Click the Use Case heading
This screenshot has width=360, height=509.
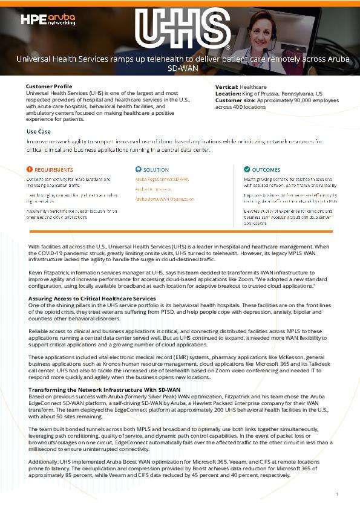tap(39, 131)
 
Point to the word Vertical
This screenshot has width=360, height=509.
tap(226, 87)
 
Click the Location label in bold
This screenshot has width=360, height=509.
tap(228, 94)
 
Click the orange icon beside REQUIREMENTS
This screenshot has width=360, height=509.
tap(30, 170)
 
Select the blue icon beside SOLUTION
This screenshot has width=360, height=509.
tap(138, 170)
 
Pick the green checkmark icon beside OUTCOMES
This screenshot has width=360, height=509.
tap(247, 170)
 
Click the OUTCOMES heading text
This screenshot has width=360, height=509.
tap(266, 170)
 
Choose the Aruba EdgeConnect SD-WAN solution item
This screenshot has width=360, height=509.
tap(162, 180)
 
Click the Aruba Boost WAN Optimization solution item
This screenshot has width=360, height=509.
tap(165, 198)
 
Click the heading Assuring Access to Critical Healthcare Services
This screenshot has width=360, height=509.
tap(92, 299)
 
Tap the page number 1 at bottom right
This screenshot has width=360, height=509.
tap(336, 494)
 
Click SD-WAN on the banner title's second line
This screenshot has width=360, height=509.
tap(180, 70)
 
